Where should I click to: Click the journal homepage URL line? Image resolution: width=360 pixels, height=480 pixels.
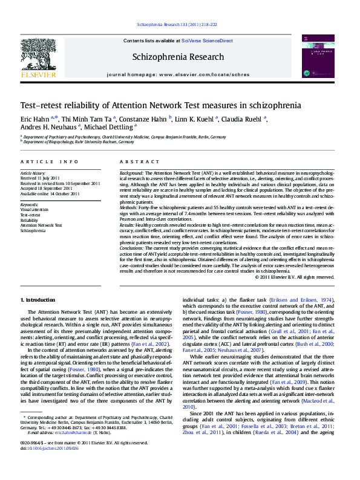177,74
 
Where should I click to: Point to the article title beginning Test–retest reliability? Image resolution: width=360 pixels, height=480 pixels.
160,105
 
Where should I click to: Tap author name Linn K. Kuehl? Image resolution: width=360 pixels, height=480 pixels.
197,118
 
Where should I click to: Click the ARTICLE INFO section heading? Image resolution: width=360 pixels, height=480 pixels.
50,162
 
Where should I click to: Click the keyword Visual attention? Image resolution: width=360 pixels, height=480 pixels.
36,210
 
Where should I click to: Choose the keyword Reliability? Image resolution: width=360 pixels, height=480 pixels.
30,219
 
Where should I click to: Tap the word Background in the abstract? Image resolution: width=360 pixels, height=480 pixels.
132,174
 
